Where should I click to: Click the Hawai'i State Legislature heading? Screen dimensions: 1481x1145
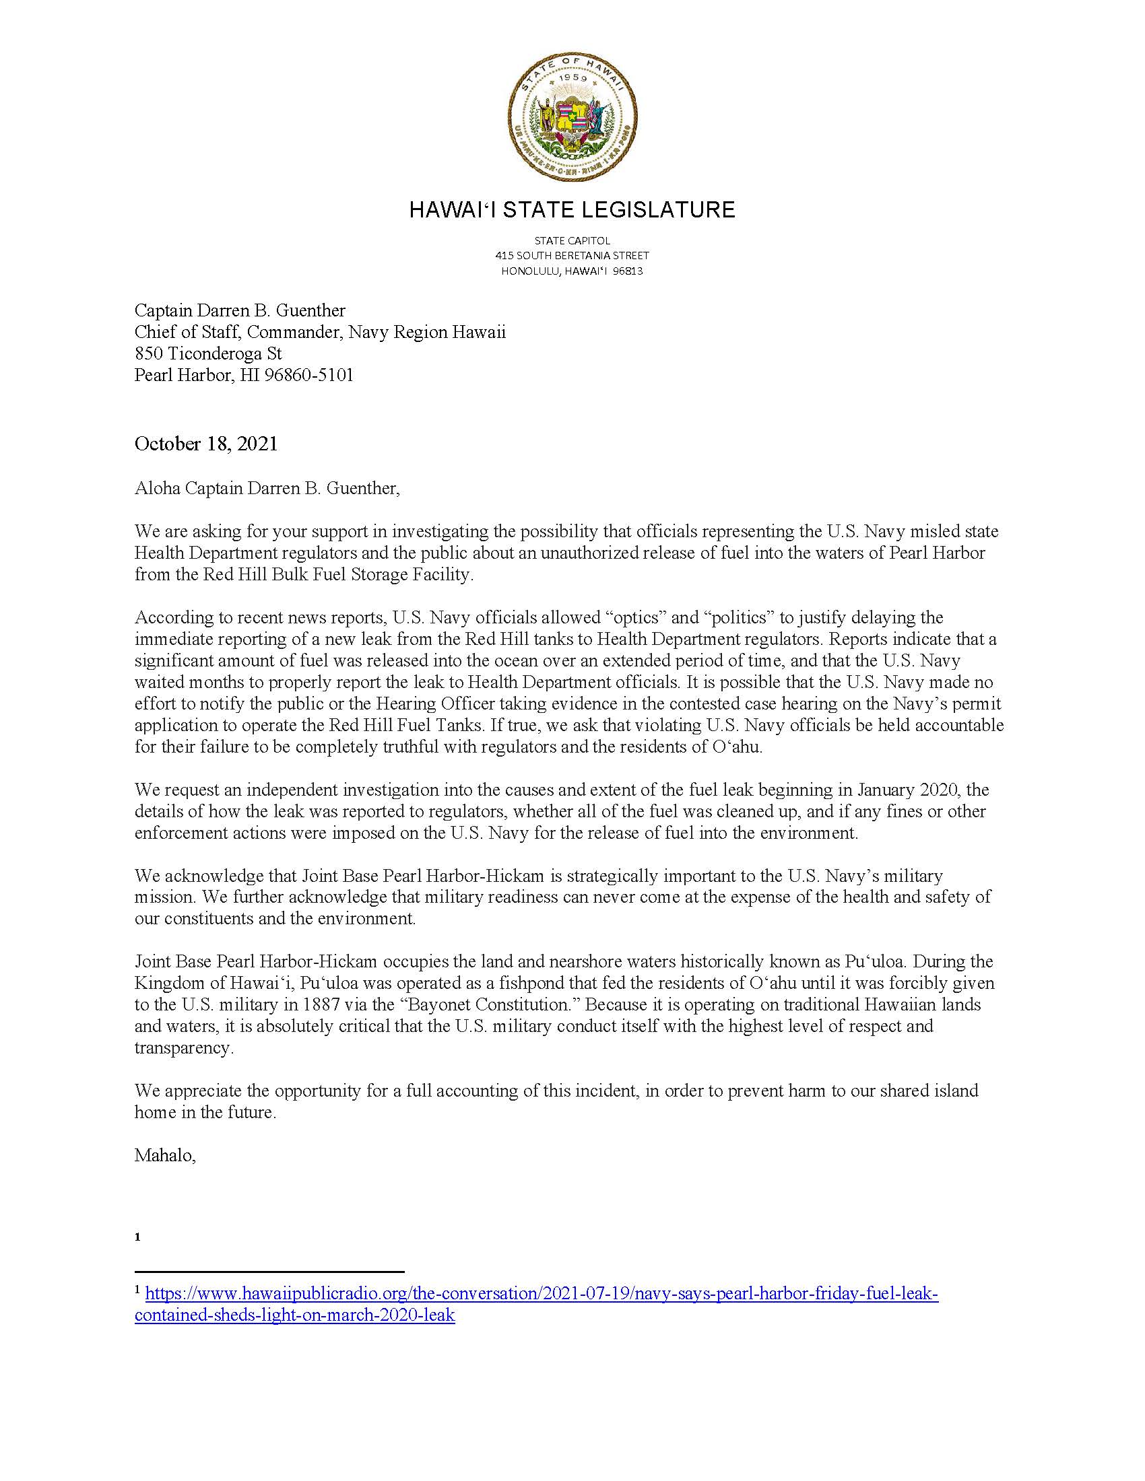572,209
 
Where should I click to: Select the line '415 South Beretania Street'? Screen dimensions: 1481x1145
572,256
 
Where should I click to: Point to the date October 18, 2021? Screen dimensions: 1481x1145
206,444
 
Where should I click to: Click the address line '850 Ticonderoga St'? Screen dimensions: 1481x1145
207,353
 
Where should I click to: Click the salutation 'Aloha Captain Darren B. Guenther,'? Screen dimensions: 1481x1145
267,488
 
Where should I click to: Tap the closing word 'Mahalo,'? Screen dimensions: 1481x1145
165,1155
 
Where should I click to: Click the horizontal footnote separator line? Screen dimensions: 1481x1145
269,1272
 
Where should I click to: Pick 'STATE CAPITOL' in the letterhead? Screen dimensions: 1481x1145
572,241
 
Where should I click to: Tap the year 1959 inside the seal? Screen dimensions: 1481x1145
572,78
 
